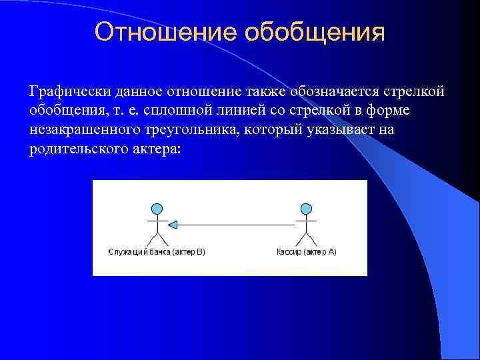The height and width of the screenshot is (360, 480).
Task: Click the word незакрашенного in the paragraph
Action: pos(83,129)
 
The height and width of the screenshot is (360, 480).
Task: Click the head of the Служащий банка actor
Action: pos(157,209)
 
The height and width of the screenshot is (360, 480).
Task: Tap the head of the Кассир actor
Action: pos(306,209)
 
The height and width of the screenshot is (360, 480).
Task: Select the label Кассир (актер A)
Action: pos(306,252)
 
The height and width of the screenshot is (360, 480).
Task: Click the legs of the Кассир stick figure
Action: pos(306,239)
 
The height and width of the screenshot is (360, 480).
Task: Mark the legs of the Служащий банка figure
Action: pos(157,239)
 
